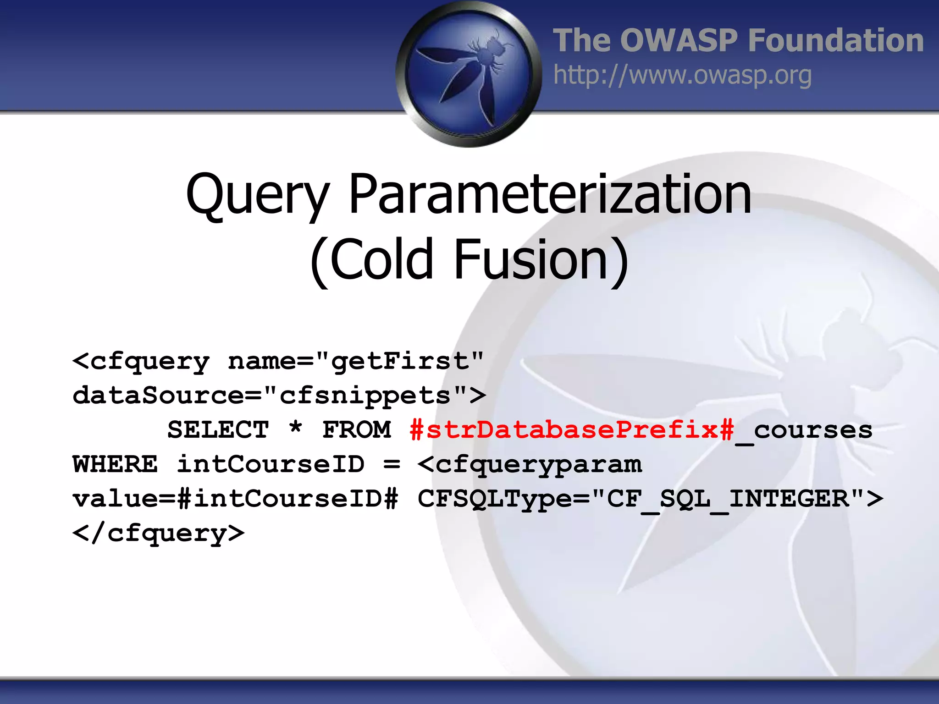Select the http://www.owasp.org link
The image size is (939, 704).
point(682,75)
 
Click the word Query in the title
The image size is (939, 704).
point(257,195)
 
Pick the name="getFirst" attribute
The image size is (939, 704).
point(356,362)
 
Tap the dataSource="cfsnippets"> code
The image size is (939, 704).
point(279,396)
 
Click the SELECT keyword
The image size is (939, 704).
point(218,430)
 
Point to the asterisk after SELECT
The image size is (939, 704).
point(296,428)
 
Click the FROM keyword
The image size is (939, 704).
point(356,430)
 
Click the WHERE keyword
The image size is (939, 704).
point(115,464)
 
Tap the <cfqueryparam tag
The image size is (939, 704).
point(530,465)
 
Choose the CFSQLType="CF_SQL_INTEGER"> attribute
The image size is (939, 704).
point(650,499)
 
